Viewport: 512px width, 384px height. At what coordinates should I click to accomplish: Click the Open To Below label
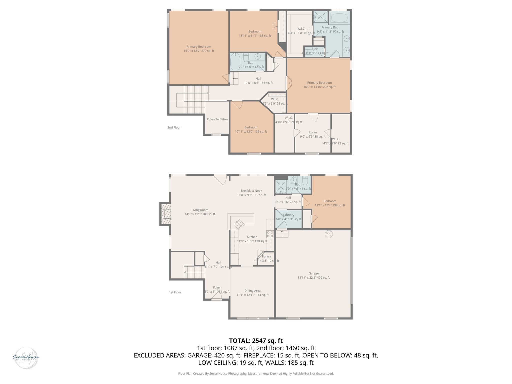(x=217, y=119)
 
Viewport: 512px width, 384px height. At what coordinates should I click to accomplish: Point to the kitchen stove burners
(x=270, y=234)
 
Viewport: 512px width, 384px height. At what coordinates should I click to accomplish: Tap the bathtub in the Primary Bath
(x=339, y=18)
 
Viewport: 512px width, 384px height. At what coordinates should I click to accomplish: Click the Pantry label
(x=266, y=256)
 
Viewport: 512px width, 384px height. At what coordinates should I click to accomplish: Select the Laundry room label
(x=288, y=215)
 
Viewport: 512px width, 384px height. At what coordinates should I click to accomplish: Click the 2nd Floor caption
(x=174, y=127)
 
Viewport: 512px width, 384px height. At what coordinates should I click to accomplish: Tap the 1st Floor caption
(x=175, y=292)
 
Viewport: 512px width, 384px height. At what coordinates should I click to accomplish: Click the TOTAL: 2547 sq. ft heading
(x=256, y=341)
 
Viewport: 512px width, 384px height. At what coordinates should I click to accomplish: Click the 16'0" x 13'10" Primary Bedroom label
(x=319, y=85)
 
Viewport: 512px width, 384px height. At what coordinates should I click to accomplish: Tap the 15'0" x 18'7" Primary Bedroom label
(x=199, y=49)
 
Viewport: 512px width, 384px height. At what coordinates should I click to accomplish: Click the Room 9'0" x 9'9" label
(x=312, y=134)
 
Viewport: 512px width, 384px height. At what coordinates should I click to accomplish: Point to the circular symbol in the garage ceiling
(x=329, y=234)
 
